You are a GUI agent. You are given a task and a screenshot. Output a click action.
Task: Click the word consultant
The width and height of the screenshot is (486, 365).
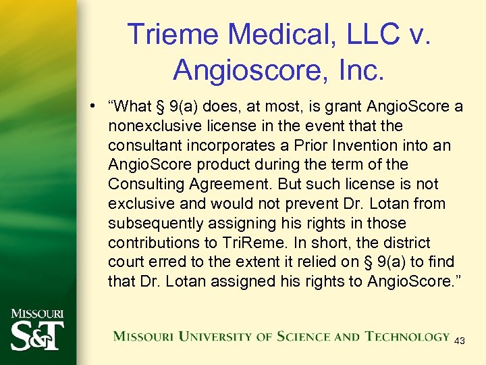click(x=138, y=145)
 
